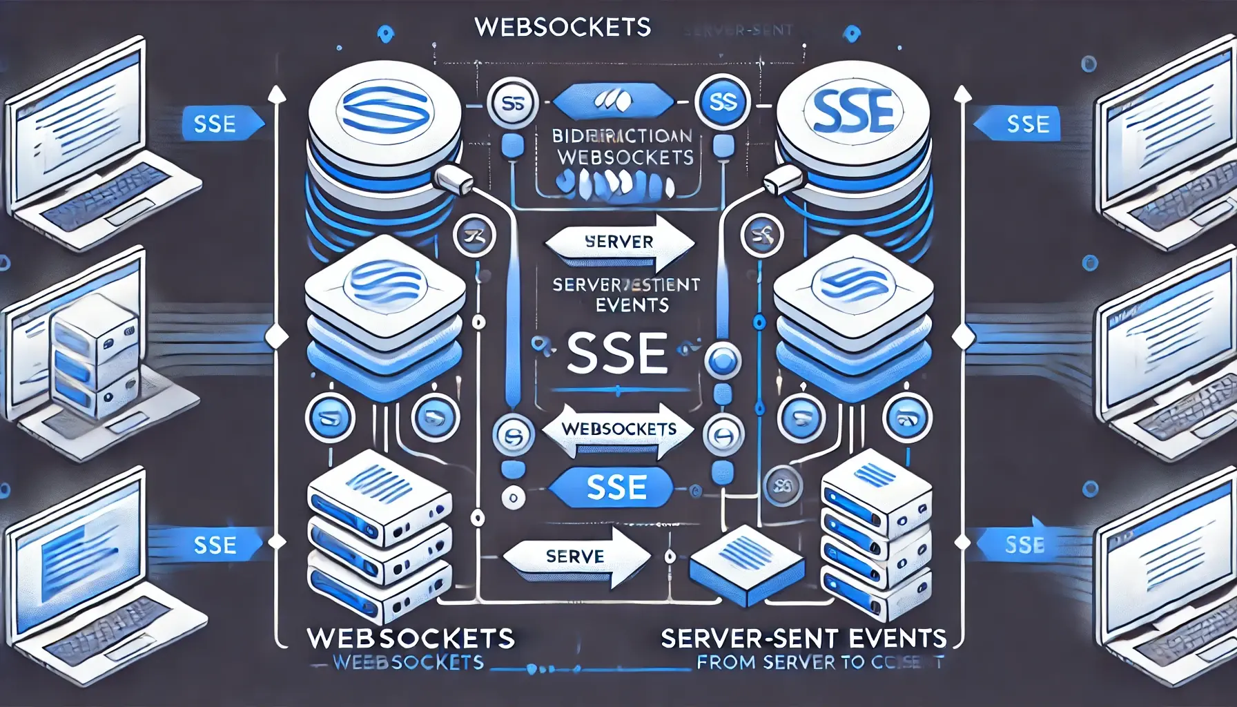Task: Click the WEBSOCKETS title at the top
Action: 563,27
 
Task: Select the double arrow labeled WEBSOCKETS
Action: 618,430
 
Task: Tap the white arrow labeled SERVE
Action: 576,556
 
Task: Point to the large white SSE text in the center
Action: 616,353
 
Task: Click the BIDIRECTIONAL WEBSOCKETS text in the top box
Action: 623,146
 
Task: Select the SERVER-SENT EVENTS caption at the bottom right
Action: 803,638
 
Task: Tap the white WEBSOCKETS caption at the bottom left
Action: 411,638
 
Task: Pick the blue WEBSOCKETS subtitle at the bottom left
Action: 408,663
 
